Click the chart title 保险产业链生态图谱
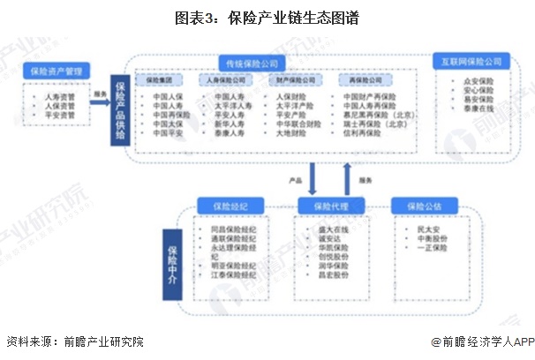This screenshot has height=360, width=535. click(267, 16)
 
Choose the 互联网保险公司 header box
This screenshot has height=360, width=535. click(471, 62)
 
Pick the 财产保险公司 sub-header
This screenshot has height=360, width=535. click(294, 79)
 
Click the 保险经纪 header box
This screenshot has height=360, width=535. click(225, 206)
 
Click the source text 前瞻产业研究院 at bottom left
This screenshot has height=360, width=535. click(100, 341)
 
